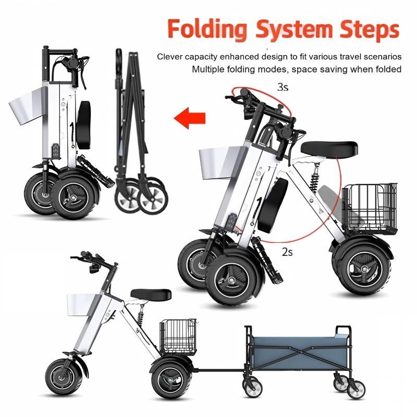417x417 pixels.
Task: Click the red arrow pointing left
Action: click(x=190, y=118)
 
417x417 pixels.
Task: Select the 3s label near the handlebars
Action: click(x=283, y=87)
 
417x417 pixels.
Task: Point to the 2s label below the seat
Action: click(x=288, y=252)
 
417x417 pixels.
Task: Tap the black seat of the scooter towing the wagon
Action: click(x=151, y=295)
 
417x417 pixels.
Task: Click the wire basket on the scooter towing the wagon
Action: click(x=178, y=337)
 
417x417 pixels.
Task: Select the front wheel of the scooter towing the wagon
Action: click(x=64, y=377)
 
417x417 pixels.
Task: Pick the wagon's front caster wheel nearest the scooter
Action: click(x=253, y=388)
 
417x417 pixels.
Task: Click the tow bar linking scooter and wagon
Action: click(x=220, y=370)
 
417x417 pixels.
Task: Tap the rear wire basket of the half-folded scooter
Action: click(x=370, y=209)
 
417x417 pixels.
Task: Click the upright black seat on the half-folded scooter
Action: click(x=273, y=205)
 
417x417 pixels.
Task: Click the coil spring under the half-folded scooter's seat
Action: click(x=315, y=179)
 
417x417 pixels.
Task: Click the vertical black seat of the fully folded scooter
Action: click(x=84, y=125)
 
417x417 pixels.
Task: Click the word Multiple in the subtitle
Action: click(x=208, y=69)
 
